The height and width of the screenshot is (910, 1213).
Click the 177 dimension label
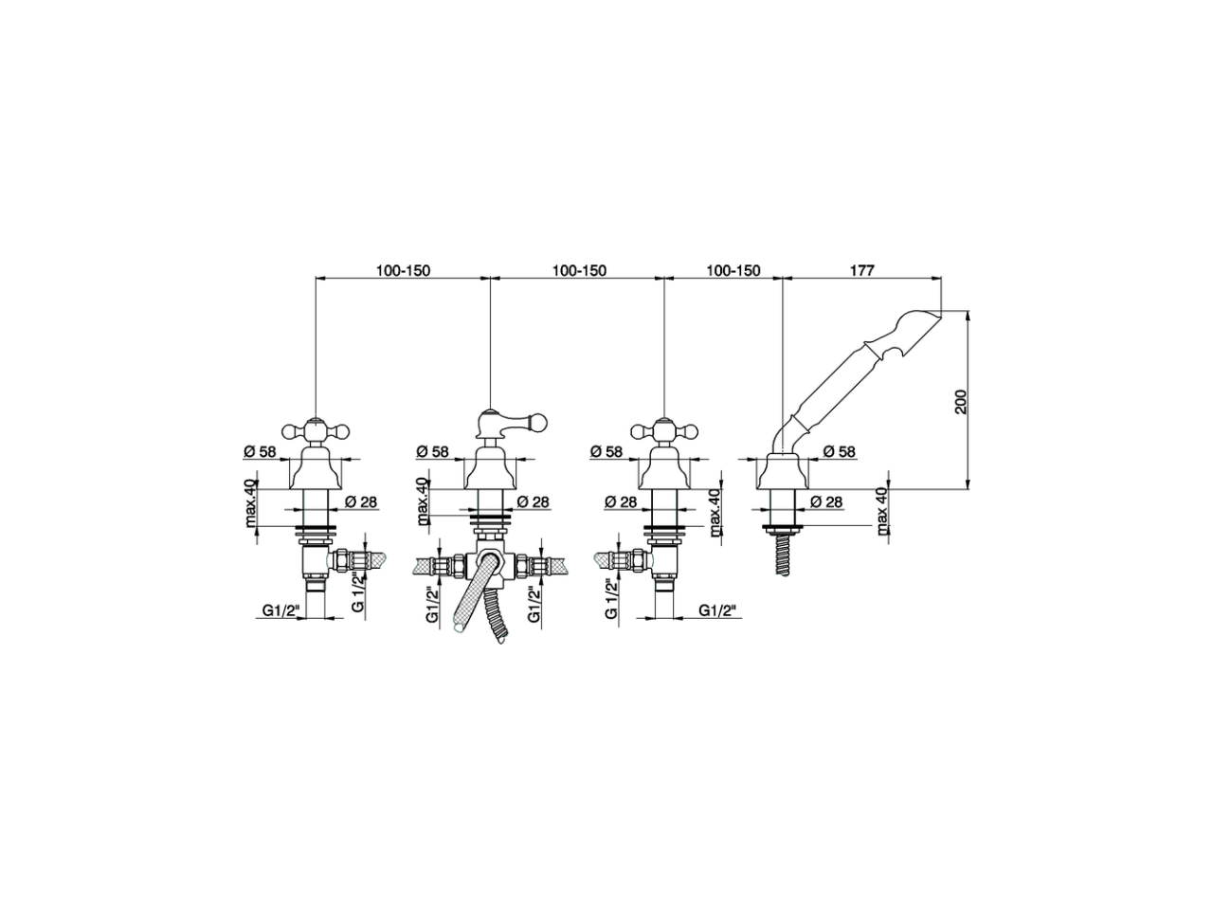click(860, 270)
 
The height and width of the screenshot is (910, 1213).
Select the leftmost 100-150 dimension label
click(403, 270)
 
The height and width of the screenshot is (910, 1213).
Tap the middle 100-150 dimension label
click(579, 270)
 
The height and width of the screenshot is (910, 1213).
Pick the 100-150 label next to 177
click(733, 270)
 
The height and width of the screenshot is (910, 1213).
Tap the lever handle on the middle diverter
click(511, 420)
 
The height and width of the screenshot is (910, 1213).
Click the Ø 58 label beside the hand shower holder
click(839, 452)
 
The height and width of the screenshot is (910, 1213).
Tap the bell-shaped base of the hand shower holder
click(783, 472)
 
